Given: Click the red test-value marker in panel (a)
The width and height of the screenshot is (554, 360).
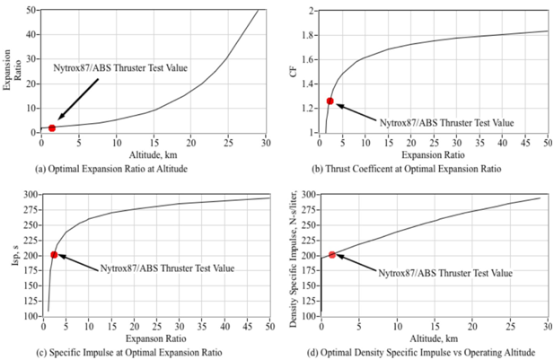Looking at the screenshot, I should (52, 128).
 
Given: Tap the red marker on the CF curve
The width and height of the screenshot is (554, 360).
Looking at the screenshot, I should (330, 101).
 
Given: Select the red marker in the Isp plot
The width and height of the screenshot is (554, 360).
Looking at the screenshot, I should (54, 254).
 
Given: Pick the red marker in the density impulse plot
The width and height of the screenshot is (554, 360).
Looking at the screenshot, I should (332, 254).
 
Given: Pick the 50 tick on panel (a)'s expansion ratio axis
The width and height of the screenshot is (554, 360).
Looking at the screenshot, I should (31, 11).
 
